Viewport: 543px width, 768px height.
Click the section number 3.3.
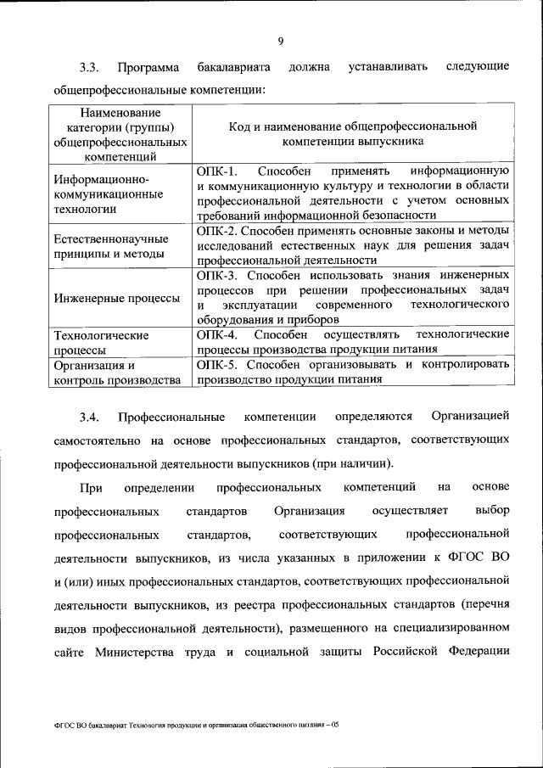pyautogui.click(x=90, y=67)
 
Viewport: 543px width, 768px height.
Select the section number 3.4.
pyautogui.click(x=90, y=417)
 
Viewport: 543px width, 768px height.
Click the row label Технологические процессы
pyautogui.click(x=100, y=342)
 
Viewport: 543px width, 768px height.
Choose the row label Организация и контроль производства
pyautogui.click(x=115, y=373)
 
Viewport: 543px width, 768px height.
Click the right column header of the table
pyautogui.click(x=353, y=133)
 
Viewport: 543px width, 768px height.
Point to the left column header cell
pyautogui.click(x=120, y=134)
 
